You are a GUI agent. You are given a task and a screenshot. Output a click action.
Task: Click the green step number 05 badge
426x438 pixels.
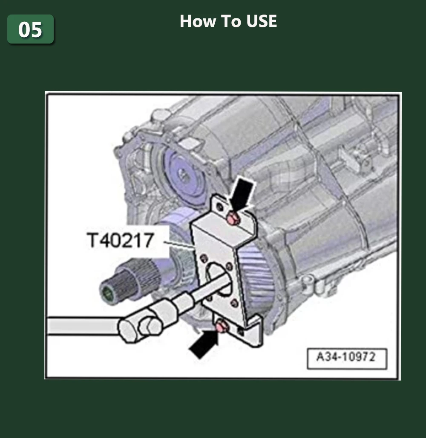click(30, 29)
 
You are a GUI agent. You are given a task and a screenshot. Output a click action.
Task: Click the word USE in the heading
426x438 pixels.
click(261, 21)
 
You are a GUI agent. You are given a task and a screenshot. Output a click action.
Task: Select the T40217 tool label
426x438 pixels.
click(120, 241)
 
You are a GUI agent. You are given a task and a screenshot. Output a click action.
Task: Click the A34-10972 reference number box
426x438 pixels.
click(346, 357)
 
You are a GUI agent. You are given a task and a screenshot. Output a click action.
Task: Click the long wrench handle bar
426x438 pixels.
click(81, 327)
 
